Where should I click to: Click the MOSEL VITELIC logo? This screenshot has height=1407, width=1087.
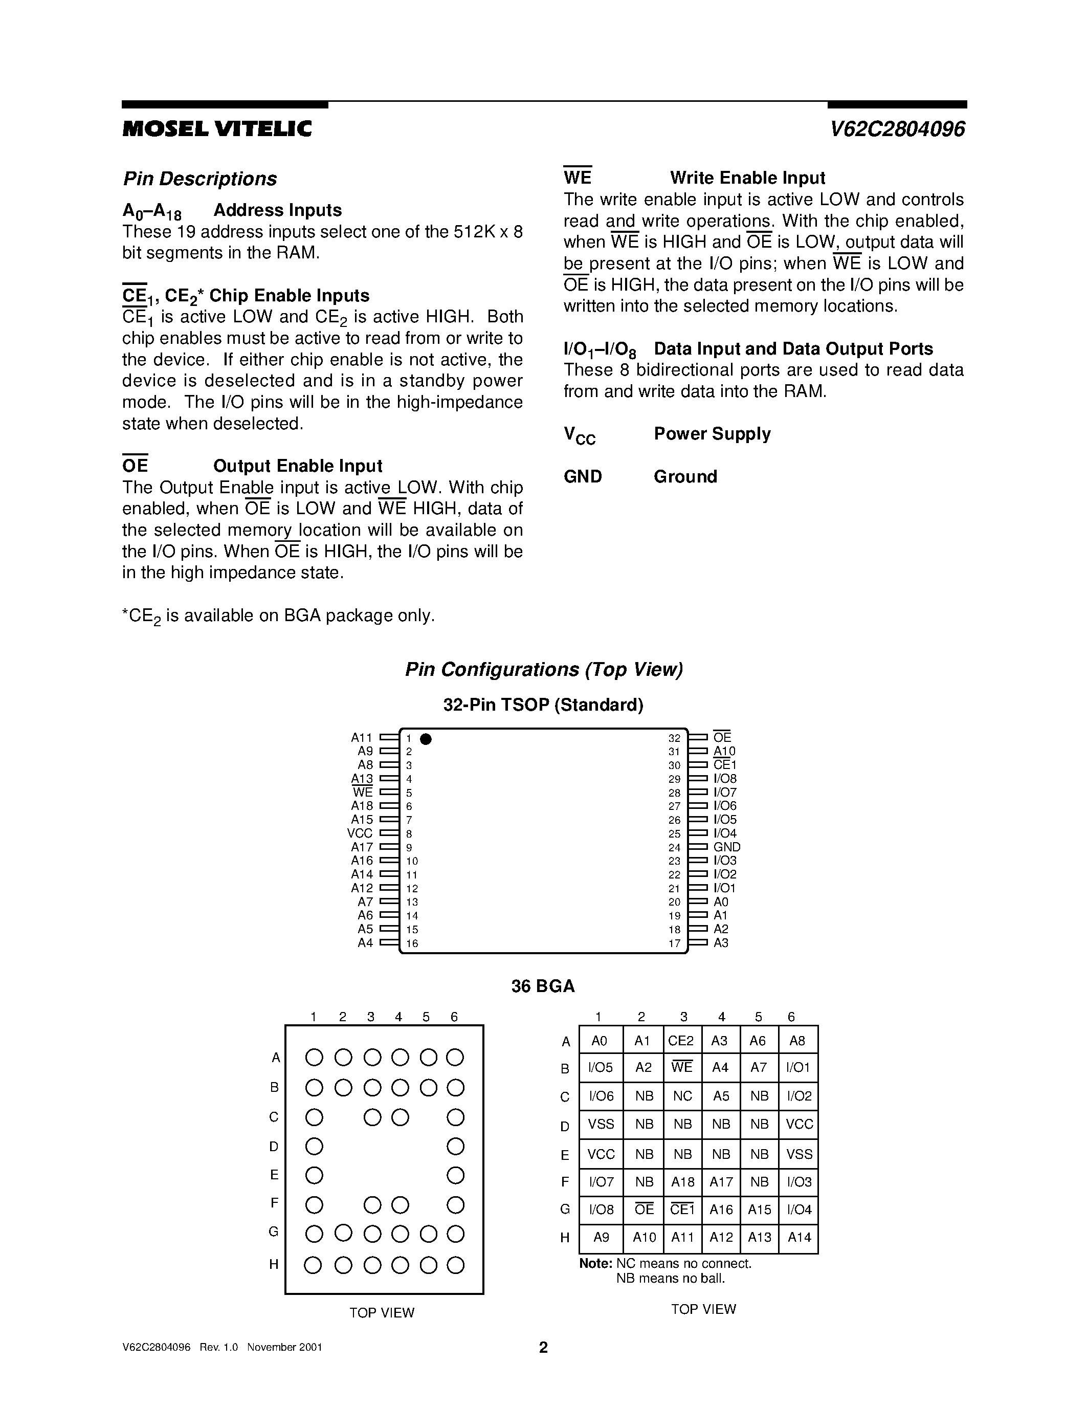[x=217, y=129]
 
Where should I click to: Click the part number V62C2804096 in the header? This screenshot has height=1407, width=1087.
[x=897, y=129]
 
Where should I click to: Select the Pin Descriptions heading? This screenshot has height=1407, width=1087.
[x=199, y=179]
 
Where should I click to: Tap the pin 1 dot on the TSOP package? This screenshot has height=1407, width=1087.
[x=426, y=739]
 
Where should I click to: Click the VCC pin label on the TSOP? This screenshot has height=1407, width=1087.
[x=360, y=833]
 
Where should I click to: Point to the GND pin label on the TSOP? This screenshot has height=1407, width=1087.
[x=727, y=847]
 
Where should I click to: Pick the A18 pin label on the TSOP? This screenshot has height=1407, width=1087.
[x=362, y=806]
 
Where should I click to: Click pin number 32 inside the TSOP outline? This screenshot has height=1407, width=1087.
[x=674, y=738]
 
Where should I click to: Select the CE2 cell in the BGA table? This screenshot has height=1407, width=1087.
[x=681, y=1041]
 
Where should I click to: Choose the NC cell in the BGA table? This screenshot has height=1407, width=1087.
[x=682, y=1096]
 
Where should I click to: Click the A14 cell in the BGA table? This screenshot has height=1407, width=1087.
[x=799, y=1237]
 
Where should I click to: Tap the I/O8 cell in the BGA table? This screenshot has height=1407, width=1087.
[x=601, y=1209]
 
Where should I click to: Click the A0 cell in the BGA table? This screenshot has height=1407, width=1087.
[x=600, y=1041]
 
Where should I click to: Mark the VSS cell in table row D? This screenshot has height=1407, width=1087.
[x=601, y=1124]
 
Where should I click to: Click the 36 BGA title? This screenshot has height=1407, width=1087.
[x=543, y=986]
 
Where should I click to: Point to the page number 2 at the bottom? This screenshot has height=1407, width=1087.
[x=543, y=1347]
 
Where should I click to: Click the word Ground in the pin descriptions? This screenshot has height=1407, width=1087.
[x=685, y=477]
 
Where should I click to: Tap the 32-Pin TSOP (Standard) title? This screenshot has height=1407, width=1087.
[x=543, y=705]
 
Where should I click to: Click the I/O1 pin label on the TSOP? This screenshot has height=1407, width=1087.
[x=724, y=888]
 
